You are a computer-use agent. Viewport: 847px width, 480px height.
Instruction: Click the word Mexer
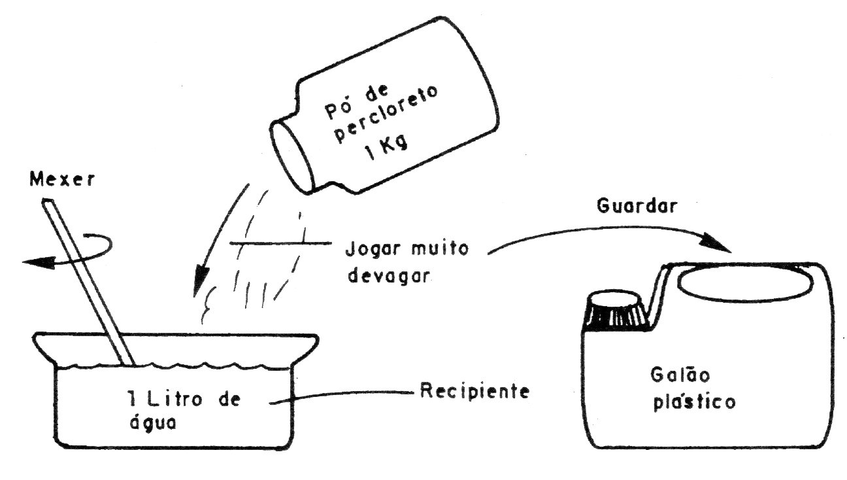(x=62, y=179)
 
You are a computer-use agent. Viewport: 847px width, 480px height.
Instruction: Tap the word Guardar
(x=637, y=206)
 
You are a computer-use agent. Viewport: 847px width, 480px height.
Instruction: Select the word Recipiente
(x=475, y=390)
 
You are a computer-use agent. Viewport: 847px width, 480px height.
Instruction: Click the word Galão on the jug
(x=680, y=375)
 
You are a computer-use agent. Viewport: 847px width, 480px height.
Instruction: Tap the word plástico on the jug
(x=695, y=402)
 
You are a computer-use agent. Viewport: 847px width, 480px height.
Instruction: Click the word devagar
(x=389, y=275)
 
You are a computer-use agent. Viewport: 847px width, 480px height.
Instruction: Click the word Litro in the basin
(x=174, y=400)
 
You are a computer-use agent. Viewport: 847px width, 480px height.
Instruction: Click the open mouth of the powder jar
(x=292, y=156)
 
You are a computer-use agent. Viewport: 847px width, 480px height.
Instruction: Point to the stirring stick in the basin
(x=88, y=282)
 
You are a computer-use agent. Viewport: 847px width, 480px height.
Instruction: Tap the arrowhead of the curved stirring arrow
(x=37, y=262)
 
